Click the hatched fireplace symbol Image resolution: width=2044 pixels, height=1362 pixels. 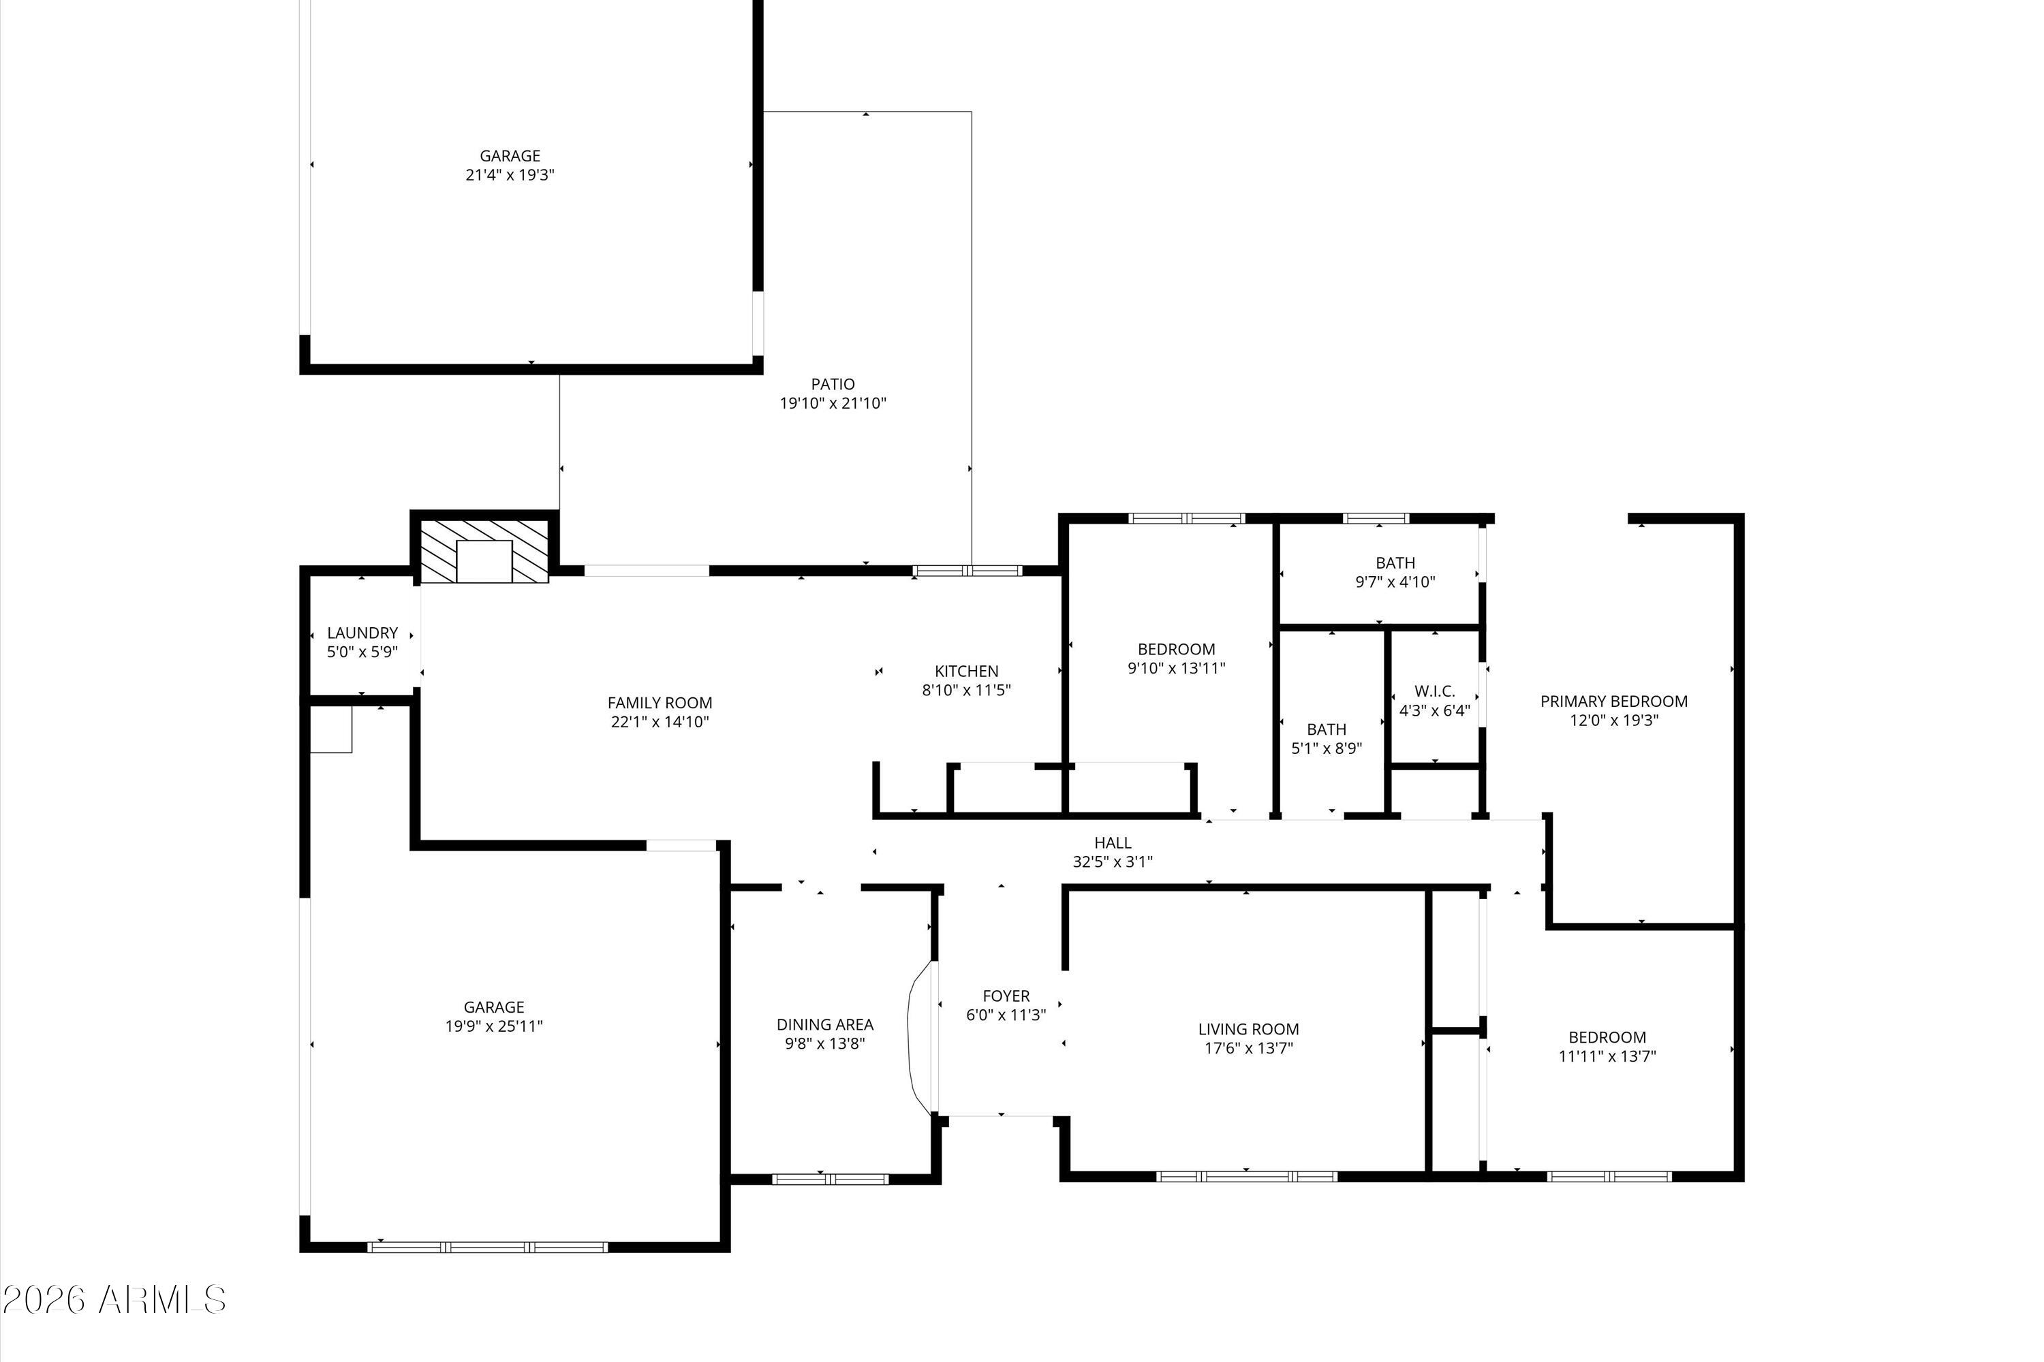484,551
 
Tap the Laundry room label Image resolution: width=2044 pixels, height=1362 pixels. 362,633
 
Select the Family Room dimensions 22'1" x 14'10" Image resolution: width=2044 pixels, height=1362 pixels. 660,722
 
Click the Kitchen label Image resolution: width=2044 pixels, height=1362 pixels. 966,671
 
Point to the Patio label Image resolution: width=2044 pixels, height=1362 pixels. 833,384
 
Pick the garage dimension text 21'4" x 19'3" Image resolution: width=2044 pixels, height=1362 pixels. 510,174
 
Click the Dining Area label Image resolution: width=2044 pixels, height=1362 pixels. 824,1024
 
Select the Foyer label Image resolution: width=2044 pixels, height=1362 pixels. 1006,996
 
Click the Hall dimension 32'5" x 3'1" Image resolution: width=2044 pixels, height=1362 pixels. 1113,861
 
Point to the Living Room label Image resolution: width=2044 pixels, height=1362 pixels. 1249,1029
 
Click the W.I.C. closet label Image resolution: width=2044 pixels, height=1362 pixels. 1435,691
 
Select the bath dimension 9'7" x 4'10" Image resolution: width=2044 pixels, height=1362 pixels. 1395,582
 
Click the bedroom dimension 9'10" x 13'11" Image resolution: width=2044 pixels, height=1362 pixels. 1177,668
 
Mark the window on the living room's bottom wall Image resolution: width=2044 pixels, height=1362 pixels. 1246,1176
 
